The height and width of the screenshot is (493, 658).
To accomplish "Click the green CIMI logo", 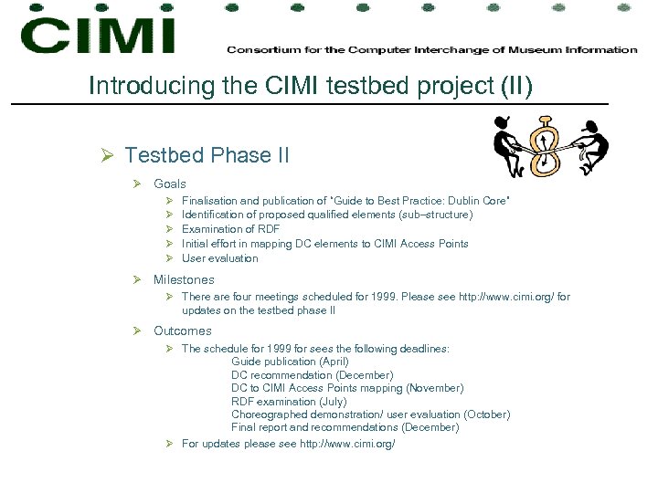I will click(x=97, y=37).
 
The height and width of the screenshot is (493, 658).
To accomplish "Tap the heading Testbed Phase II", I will click(x=207, y=155).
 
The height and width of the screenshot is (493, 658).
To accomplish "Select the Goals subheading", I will click(x=169, y=184).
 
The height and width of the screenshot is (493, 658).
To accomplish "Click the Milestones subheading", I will click(x=184, y=280).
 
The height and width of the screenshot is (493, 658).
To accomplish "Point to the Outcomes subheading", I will click(x=182, y=331).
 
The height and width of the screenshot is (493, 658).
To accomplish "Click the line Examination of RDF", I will click(x=230, y=229).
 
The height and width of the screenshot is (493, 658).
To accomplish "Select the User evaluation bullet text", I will click(x=219, y=258).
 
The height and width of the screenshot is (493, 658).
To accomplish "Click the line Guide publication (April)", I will click(x=290, y=362).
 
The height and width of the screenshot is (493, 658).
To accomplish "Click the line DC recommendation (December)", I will click(x=312, y=375).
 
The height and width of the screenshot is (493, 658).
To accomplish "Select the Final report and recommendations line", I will click(x=345, y=427).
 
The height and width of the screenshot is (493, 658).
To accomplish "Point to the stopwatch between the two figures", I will click(x=547, y=146).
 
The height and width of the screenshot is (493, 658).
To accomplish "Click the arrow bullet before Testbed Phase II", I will click(x=108, y=156).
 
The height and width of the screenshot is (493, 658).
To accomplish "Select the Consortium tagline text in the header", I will click(x=431, y=49).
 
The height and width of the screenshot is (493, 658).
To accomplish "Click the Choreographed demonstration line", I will click(x=370, y=414).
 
